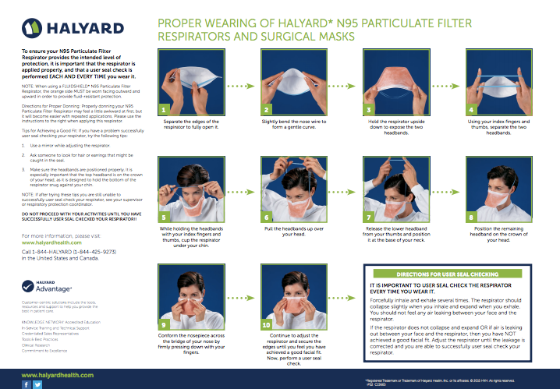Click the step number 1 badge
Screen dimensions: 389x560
[163, 110]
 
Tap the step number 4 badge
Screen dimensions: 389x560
[470, 110]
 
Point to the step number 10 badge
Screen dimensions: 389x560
[266, 324]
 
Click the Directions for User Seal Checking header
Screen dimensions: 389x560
[448, 275]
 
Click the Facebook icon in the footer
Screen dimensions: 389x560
[26, 384]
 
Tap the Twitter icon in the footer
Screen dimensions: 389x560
[37, 384]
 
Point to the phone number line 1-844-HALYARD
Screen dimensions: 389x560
[69, 253]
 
